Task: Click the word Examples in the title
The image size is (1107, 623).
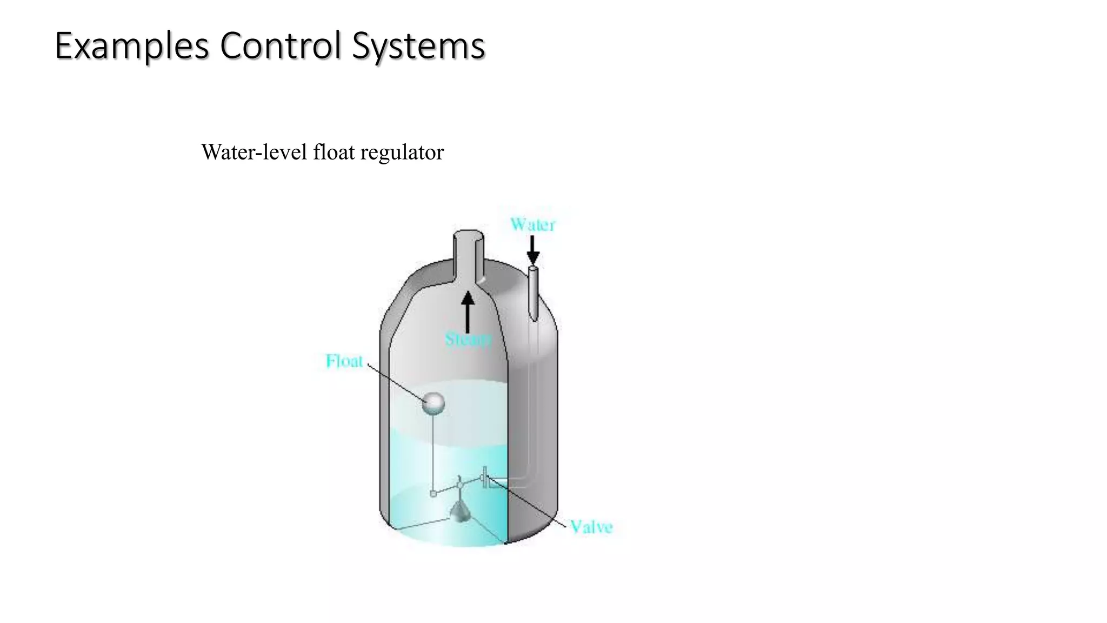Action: [132, 47]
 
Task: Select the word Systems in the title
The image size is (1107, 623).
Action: [418, 47]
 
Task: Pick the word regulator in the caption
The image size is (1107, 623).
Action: [402, 153]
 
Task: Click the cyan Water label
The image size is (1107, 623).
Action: [532, 224]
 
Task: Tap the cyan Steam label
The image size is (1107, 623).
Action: [468, 340]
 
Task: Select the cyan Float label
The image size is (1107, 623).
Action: [344, 361]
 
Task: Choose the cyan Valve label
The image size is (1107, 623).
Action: [591, 527]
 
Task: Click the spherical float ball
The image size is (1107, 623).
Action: [433, 403]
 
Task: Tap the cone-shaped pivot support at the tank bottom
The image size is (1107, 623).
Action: [460, 511]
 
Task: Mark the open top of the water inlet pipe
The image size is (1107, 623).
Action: [533, 268]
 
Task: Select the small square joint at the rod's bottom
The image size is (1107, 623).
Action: [433, 493]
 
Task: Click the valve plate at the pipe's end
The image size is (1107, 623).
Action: [484, 477]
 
